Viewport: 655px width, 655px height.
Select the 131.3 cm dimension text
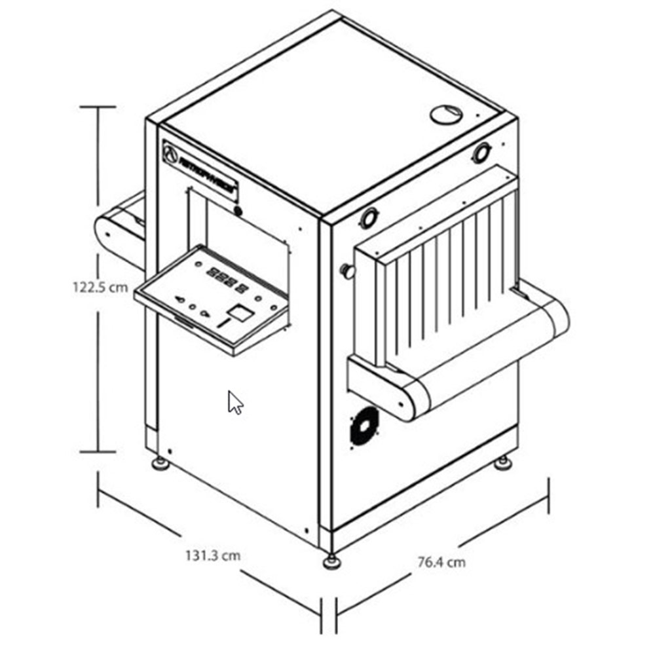tap(212, 556)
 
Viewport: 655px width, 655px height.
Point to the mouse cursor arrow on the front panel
tap(234, 402)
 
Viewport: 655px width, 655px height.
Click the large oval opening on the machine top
tap(446, 114)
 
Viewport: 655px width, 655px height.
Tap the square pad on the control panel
tap(241, 312)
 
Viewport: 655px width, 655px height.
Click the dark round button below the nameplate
tap(238, 211)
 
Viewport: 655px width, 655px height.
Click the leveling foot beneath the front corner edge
tap(331, 561)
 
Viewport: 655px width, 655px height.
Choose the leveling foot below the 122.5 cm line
tap(160, 464)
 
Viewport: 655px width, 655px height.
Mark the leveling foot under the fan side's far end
tap(503, 463)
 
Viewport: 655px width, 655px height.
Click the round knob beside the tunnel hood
tap(345, 270)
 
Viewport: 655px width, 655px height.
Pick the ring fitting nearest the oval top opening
tap(482, 153)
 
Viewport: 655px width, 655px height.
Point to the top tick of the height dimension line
tap(98, 106)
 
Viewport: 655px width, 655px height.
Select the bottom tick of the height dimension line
tap(98, 451)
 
